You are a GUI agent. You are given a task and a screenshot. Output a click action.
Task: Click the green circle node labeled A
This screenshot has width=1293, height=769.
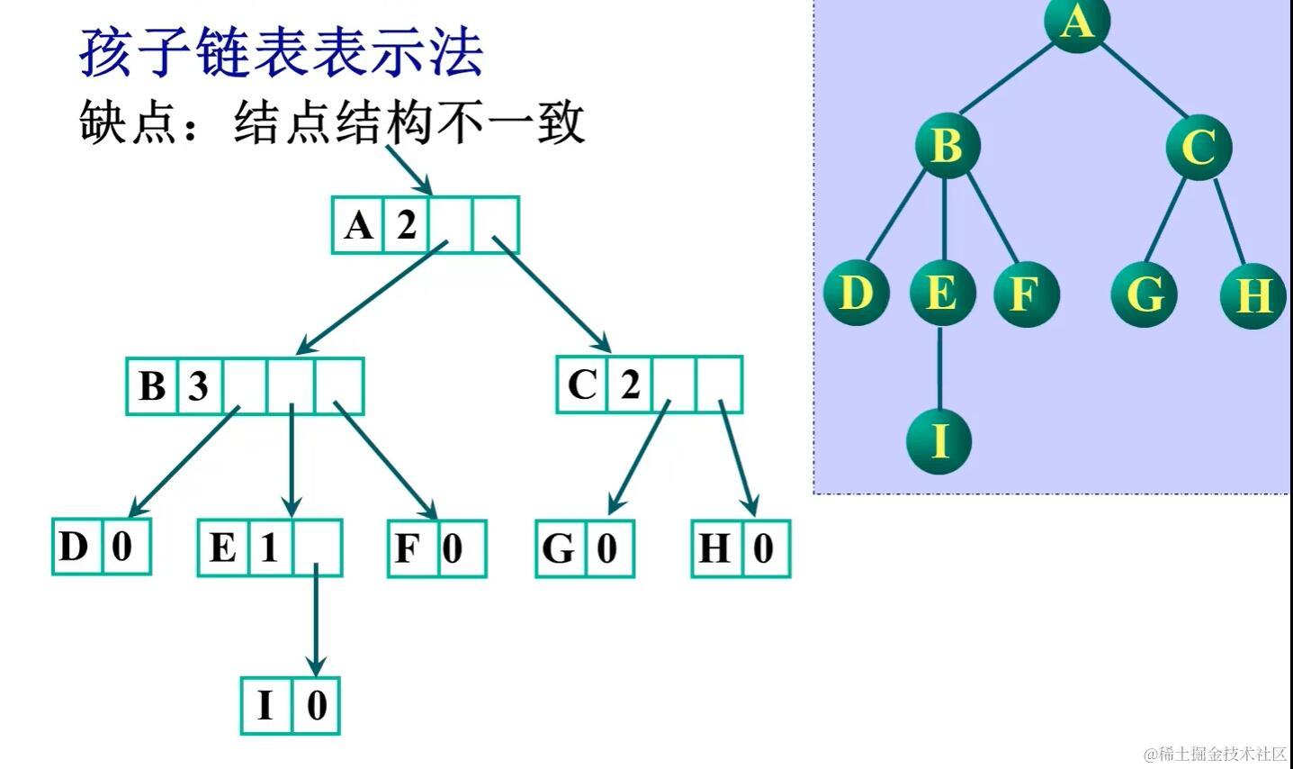1076,20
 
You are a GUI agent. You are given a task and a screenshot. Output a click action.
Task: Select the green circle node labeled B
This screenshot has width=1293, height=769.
946,146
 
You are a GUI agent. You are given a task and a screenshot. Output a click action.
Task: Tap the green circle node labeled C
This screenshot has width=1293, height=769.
1199,147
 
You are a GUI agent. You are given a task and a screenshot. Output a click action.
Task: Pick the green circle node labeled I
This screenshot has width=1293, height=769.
938,440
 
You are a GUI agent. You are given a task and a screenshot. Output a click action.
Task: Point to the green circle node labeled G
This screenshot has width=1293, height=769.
1145,294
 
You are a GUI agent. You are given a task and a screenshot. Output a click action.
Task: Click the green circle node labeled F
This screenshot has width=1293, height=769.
1026,294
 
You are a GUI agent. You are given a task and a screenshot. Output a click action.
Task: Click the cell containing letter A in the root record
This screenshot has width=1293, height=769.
358,225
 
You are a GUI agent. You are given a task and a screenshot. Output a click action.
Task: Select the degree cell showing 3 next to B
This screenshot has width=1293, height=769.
198,386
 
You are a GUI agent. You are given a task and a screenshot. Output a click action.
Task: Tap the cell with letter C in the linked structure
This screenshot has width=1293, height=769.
582,385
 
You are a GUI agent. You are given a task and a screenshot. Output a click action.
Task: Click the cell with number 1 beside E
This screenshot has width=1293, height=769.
268,547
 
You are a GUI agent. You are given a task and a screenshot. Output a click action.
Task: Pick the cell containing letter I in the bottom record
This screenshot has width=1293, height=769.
265,705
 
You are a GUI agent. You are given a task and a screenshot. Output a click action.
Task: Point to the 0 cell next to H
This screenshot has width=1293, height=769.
764,548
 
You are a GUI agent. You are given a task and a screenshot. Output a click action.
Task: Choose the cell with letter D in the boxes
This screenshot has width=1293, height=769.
76,547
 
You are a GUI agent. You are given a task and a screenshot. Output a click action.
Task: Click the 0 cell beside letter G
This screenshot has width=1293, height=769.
607,548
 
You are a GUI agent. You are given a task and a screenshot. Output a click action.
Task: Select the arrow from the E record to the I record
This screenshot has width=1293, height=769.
315,621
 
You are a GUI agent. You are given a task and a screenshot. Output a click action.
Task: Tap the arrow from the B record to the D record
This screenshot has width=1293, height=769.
184,461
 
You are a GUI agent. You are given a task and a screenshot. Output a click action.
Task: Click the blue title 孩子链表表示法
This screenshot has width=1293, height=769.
282,52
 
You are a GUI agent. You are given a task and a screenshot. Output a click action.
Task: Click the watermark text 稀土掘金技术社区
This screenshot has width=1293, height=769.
1221,754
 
